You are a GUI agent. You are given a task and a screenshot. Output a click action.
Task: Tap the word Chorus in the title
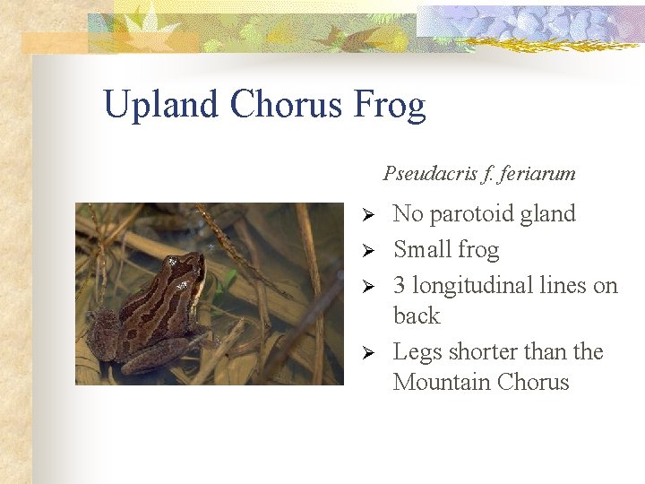287,104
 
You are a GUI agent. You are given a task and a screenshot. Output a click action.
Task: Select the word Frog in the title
390,106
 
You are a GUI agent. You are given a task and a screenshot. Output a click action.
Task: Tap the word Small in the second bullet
422,249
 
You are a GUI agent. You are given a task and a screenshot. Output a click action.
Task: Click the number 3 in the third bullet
400,286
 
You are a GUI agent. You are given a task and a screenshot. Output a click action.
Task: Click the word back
417,315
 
